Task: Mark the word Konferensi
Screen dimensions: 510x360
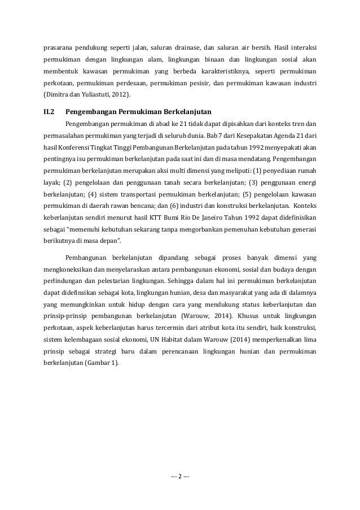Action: coord(76,148)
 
